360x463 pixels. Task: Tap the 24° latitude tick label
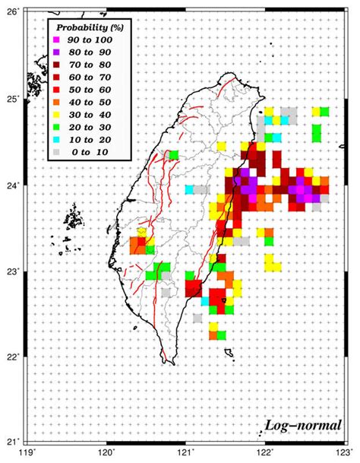click(x=14, y=185)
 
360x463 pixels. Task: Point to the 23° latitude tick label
click(x=14, y=271)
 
